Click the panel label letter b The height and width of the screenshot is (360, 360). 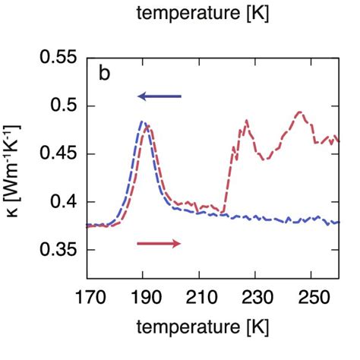pos(106,74)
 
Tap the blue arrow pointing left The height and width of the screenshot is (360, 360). pos(159,96)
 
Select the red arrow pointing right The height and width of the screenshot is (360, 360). pos(159,243)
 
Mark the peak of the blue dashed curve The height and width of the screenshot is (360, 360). pos(142,121)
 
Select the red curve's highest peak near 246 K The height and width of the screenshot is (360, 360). pos(299,112)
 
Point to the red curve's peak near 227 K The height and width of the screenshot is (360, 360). pos(247,121)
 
